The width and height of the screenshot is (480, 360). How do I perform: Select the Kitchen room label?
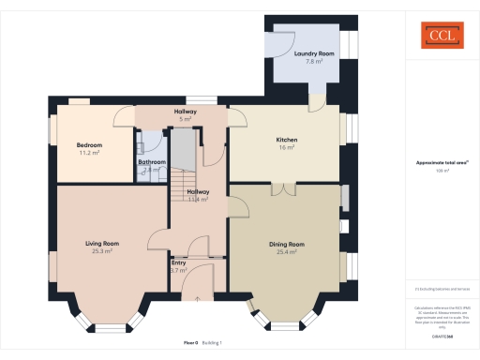287,140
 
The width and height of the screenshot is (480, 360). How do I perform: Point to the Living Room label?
102,243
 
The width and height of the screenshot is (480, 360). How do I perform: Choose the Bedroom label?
89,144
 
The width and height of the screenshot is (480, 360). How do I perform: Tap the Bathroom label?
152,162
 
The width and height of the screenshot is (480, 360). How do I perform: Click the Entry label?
178,262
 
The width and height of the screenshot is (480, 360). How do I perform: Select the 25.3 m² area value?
102,251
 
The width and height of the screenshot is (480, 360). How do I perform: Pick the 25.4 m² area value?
287,251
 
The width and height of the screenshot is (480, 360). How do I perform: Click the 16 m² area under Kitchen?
287,147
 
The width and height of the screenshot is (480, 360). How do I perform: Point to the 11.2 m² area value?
89,152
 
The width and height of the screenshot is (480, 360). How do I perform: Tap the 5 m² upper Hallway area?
186,119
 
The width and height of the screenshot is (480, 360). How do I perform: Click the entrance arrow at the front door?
198,297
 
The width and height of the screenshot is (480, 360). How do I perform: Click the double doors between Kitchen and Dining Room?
287,189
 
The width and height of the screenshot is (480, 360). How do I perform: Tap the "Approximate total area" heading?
440,163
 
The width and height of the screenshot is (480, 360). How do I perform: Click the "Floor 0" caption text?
191,343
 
